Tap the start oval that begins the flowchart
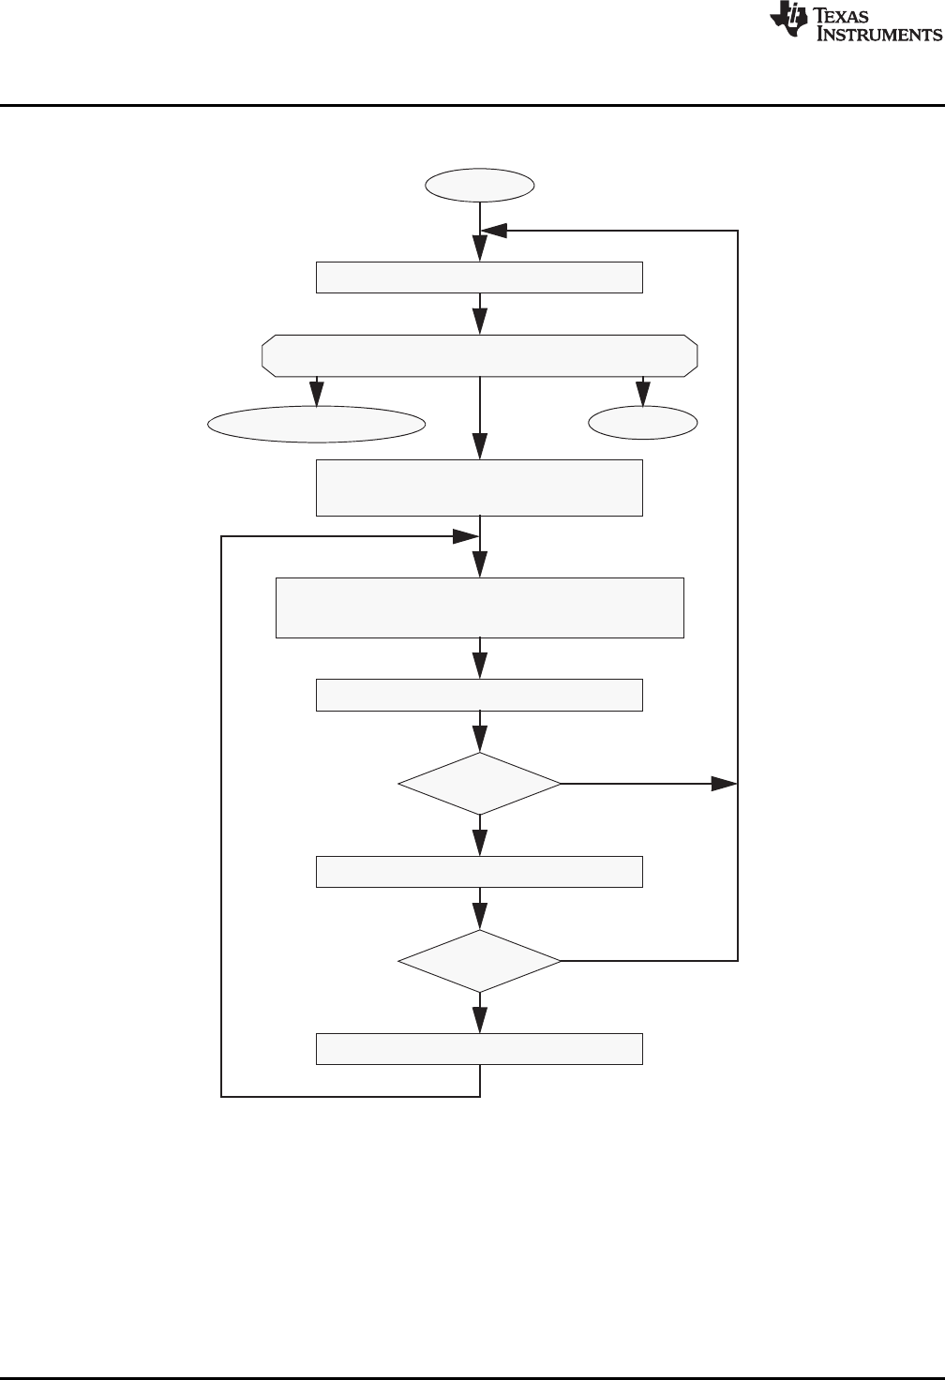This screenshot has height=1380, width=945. (480, 186)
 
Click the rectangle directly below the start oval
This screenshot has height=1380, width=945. (479, 278)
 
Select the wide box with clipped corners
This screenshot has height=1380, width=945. (479, 355)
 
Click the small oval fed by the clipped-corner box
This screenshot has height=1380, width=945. (643, 424)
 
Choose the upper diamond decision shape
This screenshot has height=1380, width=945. (479, 783)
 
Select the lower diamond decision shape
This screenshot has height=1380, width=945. (479, 961)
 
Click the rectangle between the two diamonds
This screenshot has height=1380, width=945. (479, 871)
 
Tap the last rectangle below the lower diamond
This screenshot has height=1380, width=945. (479, 1049)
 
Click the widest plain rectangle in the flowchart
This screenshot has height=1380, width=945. (479, 607)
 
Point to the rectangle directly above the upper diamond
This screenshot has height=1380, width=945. (479, 695)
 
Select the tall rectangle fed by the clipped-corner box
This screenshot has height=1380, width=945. (479, 487)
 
